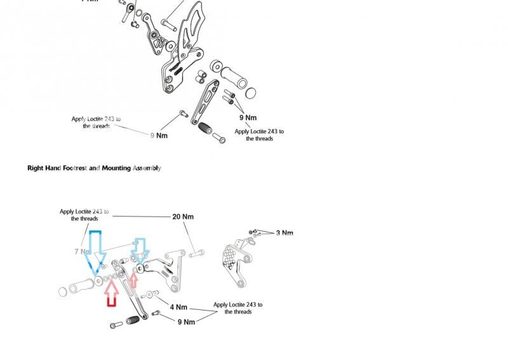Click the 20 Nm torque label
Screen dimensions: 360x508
(183, 217)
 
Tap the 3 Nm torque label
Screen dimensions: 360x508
(284, 233)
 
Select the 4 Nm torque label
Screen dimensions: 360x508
(178, 307)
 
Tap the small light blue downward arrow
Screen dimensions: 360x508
(139, 251)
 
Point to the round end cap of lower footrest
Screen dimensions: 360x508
(63, 291)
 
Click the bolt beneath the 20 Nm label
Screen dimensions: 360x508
(195, 253)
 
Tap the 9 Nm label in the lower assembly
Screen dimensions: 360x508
(186, 322)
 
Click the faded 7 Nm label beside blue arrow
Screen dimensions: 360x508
(81, 252)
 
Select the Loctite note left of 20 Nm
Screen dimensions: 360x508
(84, 215)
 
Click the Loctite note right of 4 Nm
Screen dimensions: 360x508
(238, 308)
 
